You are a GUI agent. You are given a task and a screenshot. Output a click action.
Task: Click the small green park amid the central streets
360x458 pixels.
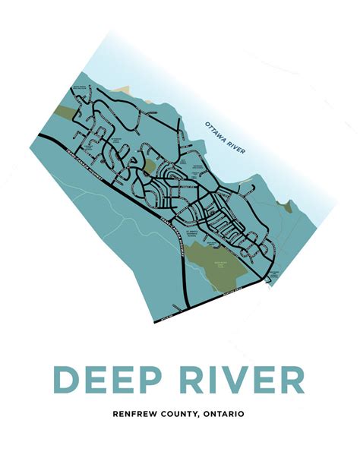[150, 165]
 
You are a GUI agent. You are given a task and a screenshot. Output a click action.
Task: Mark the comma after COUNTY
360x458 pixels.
[201, 416]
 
